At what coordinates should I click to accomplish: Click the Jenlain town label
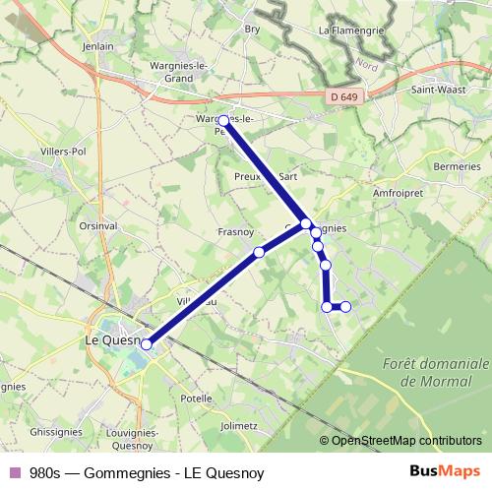pyautogui.click(x=99, y=46)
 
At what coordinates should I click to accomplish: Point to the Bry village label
pyautogui.click(x=251, y=30)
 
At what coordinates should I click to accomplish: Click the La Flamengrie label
pyautogui.click(x=349, y=31)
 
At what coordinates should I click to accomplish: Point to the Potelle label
pyautogui.click(x=197, y=399)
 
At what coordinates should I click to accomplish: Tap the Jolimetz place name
pyautogui.click(x=239, y=426)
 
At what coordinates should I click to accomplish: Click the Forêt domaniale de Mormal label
pyautogui.click(x=425, y=371)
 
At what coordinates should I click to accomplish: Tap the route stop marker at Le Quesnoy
pyautogui.click(x=148, y=343)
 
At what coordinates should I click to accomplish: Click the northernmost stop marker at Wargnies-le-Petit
pyautogui.click(x=223, y=121)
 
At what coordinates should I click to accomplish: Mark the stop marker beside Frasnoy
pyautogui.click(x=259, y=253)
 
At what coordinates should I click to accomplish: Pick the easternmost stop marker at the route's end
pyautogui.click(x=345, y=307)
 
